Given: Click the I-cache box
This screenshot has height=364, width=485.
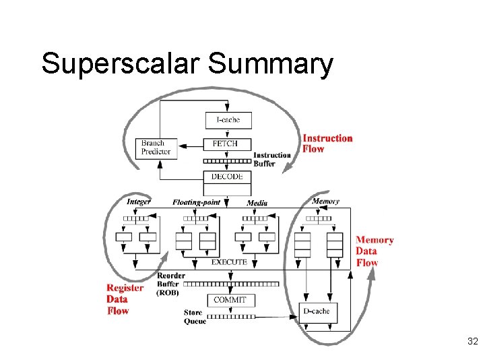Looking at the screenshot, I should point(228,120).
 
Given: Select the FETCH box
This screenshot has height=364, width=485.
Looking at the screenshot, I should point(228,144).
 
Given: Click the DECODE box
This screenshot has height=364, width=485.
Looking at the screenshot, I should point(228,177).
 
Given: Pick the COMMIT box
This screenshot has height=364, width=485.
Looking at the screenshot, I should point(230,300).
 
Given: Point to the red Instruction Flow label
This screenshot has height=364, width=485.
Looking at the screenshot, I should point(327,144).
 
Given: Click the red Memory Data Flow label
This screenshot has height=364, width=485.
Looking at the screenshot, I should point(375,251).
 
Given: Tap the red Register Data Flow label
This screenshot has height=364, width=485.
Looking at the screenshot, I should point(125,299).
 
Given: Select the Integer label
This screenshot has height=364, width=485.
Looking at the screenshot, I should point(139,202).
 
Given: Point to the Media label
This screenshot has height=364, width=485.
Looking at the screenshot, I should point(257,203).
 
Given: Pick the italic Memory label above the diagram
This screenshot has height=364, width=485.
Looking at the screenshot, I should point(325,201).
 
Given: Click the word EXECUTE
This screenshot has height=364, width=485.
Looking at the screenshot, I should point(229,262).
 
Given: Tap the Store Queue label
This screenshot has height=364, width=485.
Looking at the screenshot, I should point(194,317).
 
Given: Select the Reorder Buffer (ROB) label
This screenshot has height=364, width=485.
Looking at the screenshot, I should point(170,284).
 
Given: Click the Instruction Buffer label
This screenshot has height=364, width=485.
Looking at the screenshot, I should point(272,159).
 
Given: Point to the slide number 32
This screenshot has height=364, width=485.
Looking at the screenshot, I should point(472,342).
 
